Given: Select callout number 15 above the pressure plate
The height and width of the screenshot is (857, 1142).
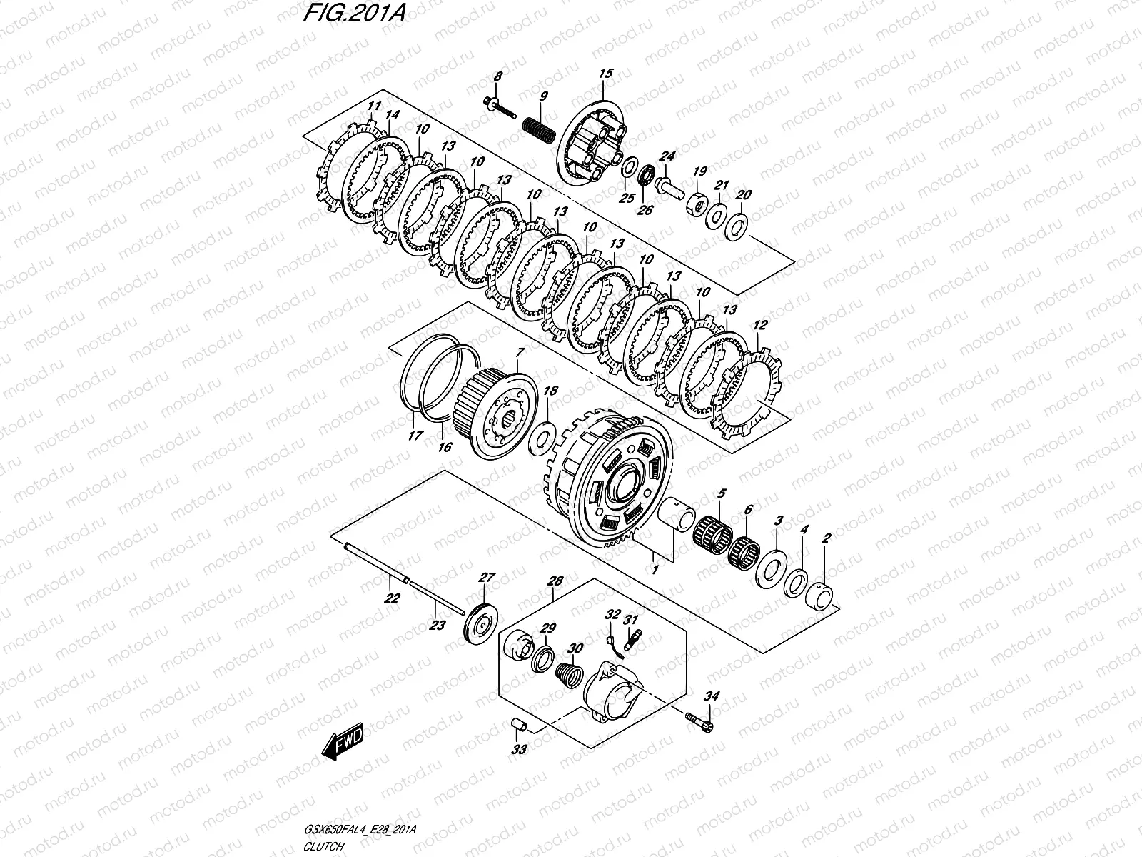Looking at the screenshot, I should coord(605,74).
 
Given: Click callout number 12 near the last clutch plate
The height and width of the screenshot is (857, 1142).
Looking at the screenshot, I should coord(760,326).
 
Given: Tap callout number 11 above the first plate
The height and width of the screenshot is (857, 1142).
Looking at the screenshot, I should coord(372,108).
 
